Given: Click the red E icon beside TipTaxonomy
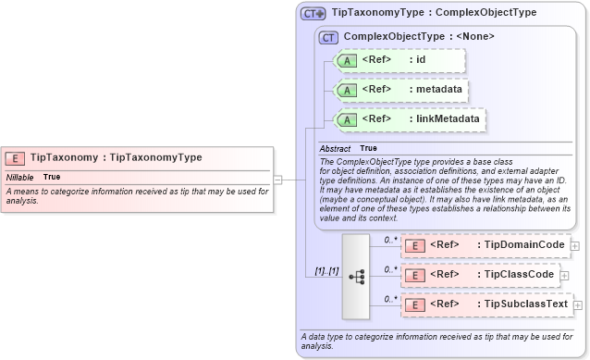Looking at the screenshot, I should tap(16, 158).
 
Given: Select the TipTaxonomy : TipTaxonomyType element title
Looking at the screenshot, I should tap(116, 158).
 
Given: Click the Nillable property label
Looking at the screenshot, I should tap(20, 177).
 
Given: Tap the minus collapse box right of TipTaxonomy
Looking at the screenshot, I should tap(277, 180).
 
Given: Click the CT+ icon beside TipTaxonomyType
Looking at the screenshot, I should tap(313, 14).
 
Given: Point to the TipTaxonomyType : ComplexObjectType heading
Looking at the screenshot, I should tap(434, 14).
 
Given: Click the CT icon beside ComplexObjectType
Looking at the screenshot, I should tap(328, 37).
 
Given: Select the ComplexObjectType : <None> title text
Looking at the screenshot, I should tap(418, 37).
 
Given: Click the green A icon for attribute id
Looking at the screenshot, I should tap(346, 61).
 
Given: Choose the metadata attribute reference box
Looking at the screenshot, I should tap(400, 90).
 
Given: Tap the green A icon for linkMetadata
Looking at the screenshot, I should tap(346, 119).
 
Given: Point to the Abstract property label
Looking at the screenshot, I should tap(334, 148).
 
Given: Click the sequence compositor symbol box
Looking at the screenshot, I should tap(356, 276).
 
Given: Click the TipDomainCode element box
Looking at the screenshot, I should tap(484, 245).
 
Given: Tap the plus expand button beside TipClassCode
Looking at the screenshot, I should tap(565, 275).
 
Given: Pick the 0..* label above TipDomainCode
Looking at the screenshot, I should tap(390, 239).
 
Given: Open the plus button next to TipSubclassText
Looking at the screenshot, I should tap(578, 304).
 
